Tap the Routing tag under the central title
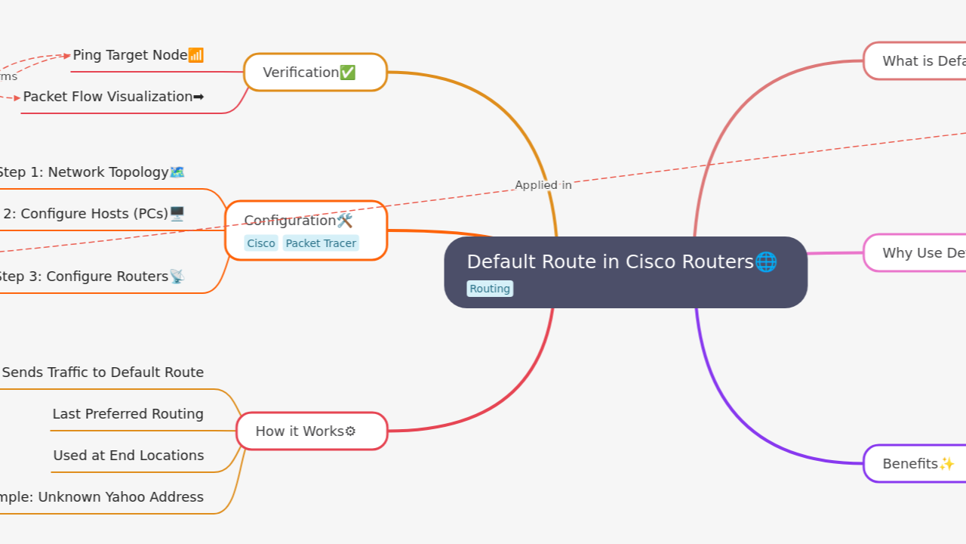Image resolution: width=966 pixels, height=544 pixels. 490,289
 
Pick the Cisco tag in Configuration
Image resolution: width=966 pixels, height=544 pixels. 261,243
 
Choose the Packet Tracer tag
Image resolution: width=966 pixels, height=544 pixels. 321,243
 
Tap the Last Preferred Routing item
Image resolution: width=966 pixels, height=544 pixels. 128,414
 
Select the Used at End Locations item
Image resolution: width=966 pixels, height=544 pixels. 128,456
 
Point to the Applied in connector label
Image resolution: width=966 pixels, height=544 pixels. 543,185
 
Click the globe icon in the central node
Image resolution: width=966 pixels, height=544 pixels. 765,262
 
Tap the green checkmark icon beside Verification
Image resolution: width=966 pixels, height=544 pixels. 347,73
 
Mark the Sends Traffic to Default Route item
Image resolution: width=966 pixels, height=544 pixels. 103,372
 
